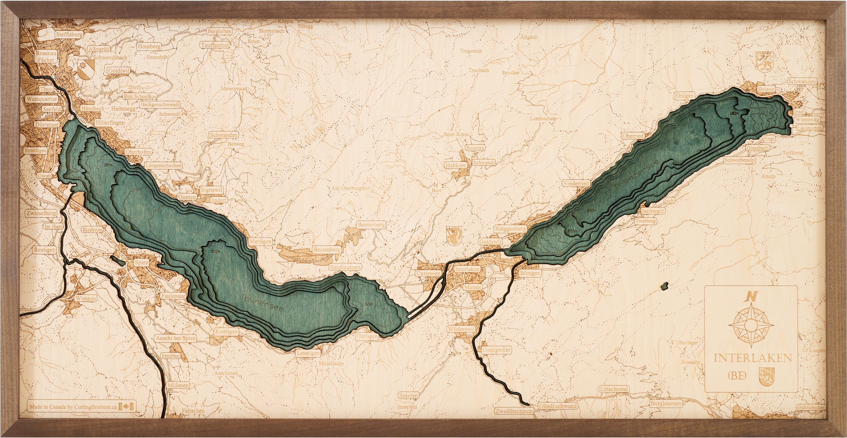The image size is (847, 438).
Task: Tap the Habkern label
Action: pyautogui.click(x=456, y=166)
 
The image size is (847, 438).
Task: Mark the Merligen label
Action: pyautogui.click(x=260, y=241)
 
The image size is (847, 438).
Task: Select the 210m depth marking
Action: pyautogui.click(x=215, y=252)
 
